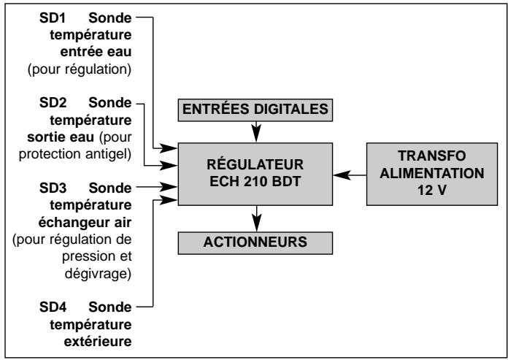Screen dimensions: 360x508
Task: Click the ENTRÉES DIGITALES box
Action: [257, 110]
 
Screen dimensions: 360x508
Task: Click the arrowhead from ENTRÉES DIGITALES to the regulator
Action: [257, 134]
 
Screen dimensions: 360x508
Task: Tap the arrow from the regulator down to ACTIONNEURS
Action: [257, 219]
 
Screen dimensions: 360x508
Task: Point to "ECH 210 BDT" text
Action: [257, 182]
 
